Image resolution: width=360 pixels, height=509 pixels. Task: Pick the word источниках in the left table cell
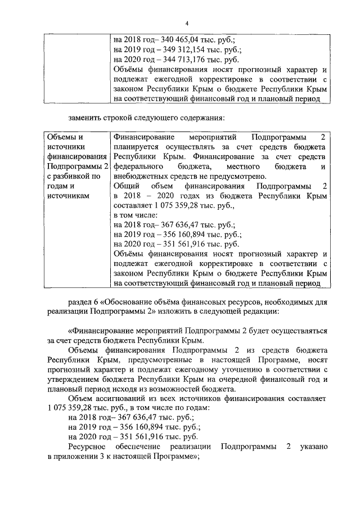click(x=67, y=194)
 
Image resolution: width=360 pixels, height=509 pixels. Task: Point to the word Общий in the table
click(x=125, y=186)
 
